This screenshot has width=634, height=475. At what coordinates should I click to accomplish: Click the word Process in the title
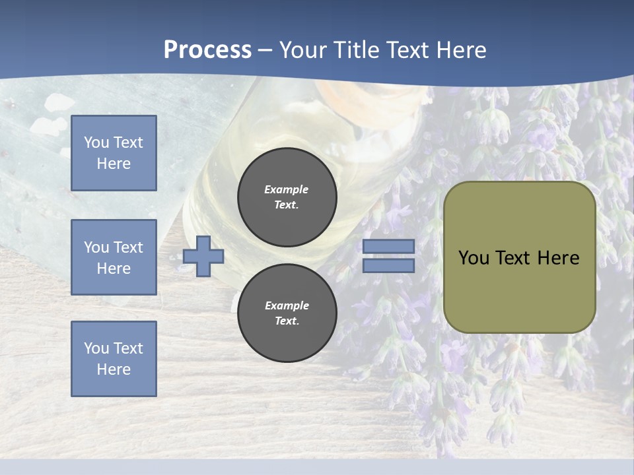[x=207, y=50]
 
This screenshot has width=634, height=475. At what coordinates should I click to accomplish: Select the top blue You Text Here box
[x=114, y=153]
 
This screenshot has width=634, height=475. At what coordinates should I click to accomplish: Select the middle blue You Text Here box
[x=114, y=257]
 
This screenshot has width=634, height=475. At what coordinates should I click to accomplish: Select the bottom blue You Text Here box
[x=114, y=358]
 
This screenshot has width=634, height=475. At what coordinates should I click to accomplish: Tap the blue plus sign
[x=203, y=256]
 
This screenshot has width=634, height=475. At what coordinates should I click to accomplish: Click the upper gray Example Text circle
[x=287, y=197]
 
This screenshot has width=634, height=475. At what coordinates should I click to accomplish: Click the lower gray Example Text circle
[x=287, y=313]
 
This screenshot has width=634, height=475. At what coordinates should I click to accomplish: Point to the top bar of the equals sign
[x=388, y=247]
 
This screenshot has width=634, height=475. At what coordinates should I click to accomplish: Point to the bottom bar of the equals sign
[x=388, y=266]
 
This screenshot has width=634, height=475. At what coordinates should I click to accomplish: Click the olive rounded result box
[x=519, y=290]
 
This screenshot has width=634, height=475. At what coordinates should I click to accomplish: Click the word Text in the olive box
[x=512, y=258]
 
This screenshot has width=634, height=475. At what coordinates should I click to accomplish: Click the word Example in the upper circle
[x=286, y=189]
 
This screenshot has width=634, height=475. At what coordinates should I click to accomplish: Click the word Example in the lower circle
[x=287, y=305]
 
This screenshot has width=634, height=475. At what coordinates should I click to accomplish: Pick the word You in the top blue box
[x=96, y=142]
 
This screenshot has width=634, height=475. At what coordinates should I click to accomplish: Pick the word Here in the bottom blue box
[x=114, y=369]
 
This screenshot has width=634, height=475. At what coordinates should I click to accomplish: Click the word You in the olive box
[x=474, y=258]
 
